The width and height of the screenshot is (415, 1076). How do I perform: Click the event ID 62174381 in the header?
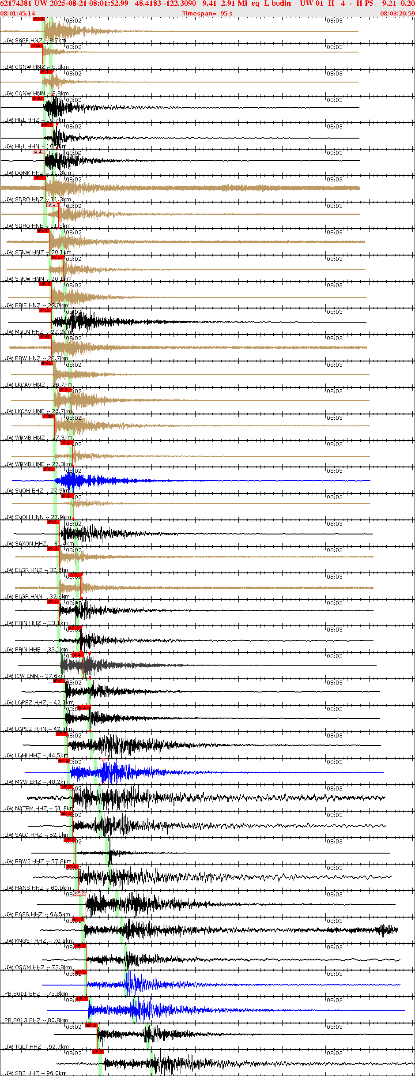pos(16,4)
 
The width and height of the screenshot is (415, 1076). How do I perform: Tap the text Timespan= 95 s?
pos(207,14)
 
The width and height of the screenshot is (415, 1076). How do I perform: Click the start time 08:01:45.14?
pos(18,14)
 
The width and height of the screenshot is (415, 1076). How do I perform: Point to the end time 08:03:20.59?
pos(397,14)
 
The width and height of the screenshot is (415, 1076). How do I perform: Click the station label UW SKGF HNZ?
pos(23,41)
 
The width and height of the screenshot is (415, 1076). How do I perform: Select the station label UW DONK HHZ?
pos(24,173)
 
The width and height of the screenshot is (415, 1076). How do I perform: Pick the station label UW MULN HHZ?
pos(24,332)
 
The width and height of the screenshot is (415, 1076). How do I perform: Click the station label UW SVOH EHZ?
pos(24,491)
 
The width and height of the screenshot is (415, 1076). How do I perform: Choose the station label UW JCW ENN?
pos(22,676)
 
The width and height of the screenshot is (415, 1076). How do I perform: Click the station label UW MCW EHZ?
pos(23,782)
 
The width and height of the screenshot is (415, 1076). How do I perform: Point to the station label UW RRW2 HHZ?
pos(24,862)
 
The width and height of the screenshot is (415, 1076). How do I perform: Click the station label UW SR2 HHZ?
pos(22,1073)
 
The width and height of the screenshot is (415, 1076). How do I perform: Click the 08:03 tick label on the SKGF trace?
pos(334,21)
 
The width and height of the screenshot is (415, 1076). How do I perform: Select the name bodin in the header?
pos(281,4)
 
